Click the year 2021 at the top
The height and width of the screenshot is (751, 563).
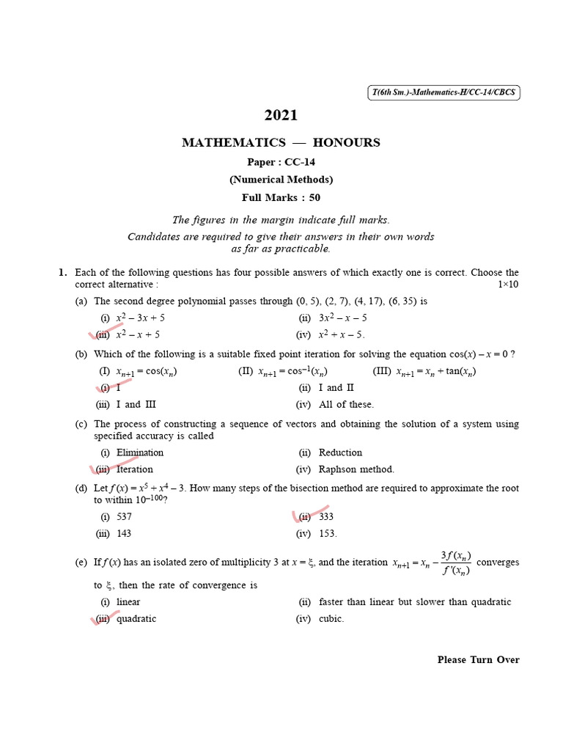tap(281, 114)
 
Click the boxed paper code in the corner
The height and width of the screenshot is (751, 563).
tap(444, 92)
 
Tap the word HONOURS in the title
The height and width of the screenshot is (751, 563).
tap(346, 142)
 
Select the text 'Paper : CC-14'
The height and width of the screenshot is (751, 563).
tap(281, 161)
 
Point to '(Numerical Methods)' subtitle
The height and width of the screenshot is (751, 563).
tap(281, 179)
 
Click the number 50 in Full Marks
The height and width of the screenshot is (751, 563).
tap(314, 197)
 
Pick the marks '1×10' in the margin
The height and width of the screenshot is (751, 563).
tap(507, 285)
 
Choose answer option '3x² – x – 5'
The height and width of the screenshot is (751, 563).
tap(343, 318)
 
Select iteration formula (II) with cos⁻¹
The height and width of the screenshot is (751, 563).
tap(283, 371)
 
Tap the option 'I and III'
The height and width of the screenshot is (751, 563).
tap(136, 404)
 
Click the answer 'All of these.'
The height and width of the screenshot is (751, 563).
tap(346, 404)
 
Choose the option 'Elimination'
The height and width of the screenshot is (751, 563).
tap(140, 453)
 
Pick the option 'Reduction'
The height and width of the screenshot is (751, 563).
tap(340, 453)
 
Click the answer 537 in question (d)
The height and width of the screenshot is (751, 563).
tap(124, 516)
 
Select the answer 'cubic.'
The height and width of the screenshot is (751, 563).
tap(331, 618)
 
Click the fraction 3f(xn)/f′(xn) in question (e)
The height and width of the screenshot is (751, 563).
tap(455, 563)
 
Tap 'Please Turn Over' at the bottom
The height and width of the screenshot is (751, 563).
tap(478, 659)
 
